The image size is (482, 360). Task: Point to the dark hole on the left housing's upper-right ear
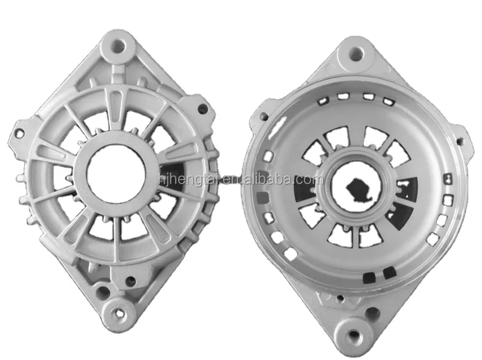[x=203, y=110]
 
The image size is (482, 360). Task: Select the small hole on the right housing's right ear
[x=460, y=142]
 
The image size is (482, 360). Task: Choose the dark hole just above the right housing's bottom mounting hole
[x=372, y=312]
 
